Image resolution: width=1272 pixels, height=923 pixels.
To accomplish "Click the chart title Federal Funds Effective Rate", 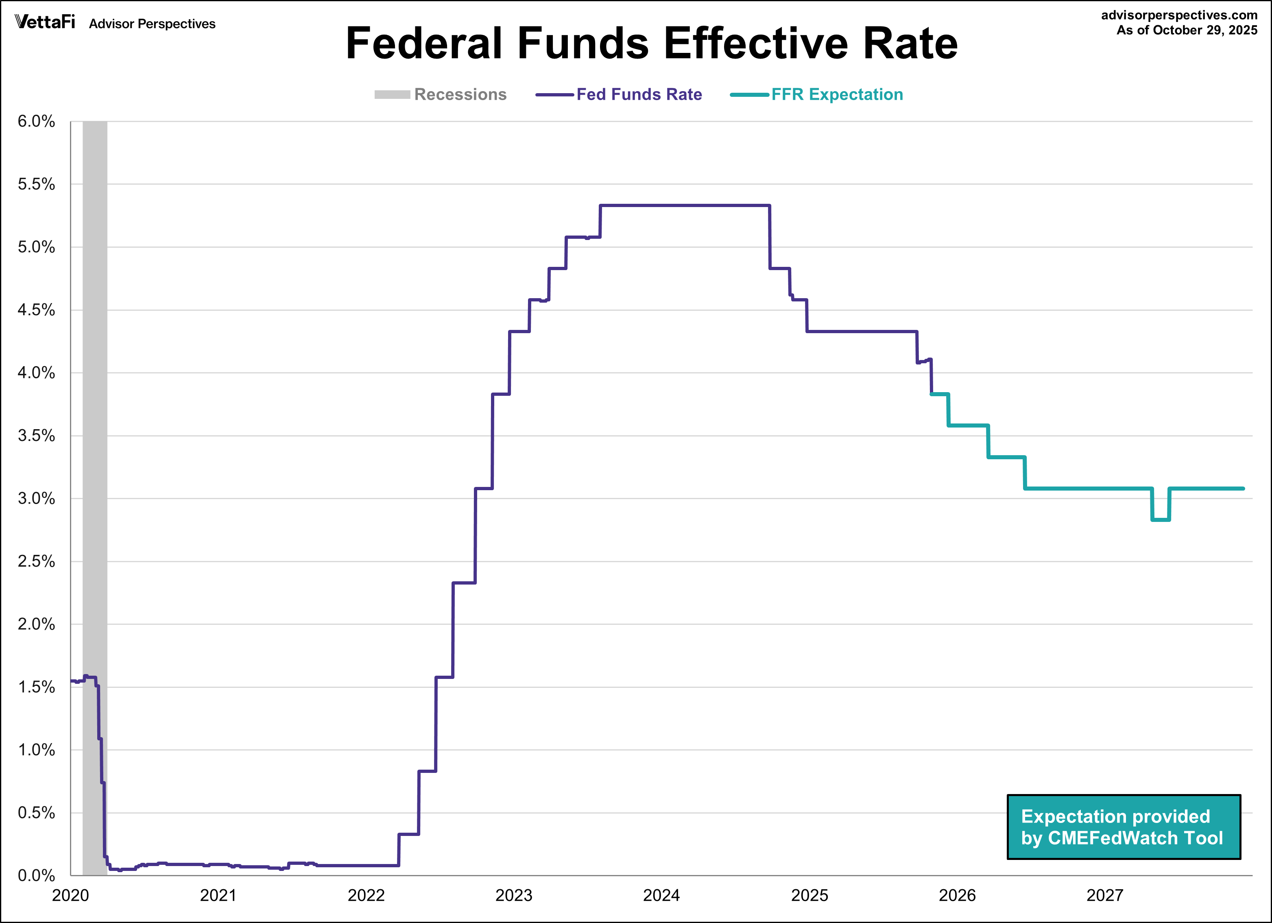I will [x=652, y=44].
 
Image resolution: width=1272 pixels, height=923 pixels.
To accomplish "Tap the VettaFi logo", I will [x=45, y=22].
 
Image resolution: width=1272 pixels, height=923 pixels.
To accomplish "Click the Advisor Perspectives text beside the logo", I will [x=152, y=24].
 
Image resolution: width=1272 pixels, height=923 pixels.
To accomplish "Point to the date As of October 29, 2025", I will [x=1187, y=30].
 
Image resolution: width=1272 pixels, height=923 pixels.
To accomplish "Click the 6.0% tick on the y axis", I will [x=37, y=121].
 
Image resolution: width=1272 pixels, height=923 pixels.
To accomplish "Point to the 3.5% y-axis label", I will [x=37, y=436].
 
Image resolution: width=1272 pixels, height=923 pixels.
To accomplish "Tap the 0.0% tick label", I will [x=37, y=875].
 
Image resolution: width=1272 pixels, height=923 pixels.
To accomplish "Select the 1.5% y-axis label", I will [x=37, y=687].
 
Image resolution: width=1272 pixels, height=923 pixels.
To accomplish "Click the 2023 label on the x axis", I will [x=514, y=895].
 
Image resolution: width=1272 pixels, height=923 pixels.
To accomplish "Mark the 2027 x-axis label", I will [x=1105, y=895].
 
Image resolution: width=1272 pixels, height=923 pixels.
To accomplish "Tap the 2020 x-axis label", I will [x=71, y=895].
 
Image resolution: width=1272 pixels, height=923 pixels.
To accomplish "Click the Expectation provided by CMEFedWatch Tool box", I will [x=1124, y=827].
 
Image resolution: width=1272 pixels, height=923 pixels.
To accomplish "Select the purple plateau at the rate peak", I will [x=684, y=206].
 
